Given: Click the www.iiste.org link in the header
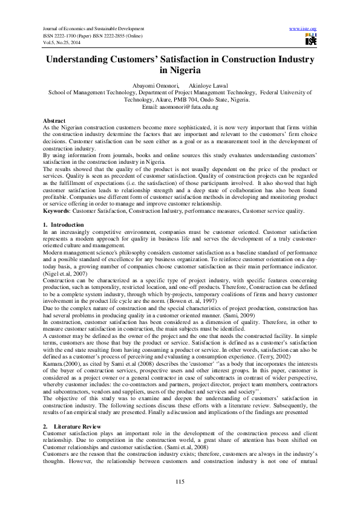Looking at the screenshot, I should click(x=304, y=28).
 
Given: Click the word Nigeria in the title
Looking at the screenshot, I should click(x=180, y=71).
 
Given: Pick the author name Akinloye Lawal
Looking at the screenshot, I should click(x=209, y=86).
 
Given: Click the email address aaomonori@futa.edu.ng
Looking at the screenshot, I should click(x=180, y=106).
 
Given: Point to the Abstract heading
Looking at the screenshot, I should click(x=54, y=122).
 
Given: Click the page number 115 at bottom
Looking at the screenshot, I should click(x=180, y=481).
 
